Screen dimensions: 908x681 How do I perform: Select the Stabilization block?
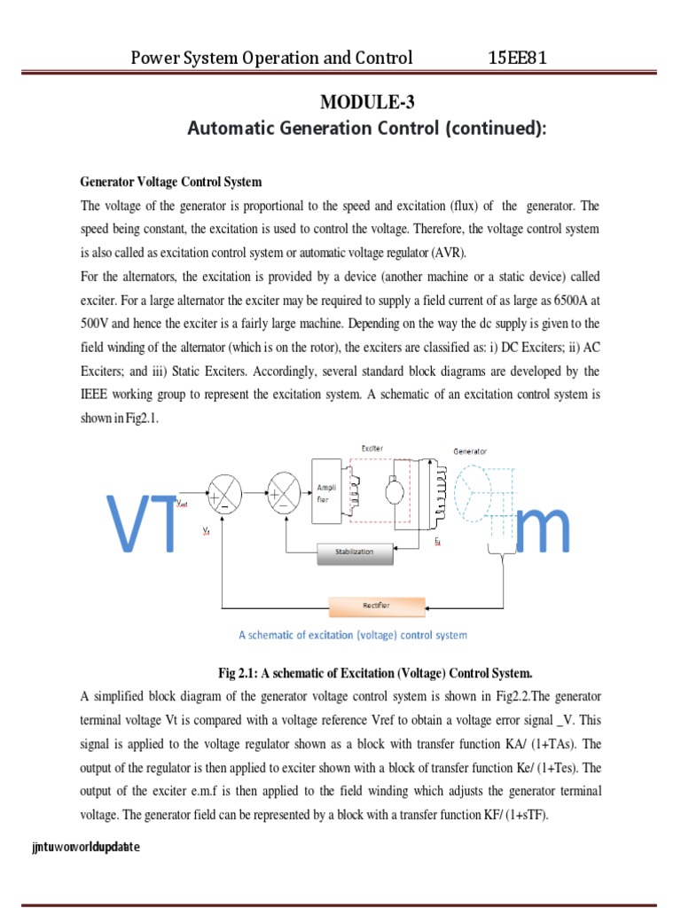[x=354, y=552]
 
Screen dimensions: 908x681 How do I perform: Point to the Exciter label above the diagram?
[x=372, y=449]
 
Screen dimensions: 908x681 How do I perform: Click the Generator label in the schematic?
[x=470, y=451]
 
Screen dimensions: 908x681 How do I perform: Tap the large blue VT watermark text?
[x=142, y=525]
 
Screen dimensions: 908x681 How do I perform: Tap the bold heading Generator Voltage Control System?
[x=171, y=182]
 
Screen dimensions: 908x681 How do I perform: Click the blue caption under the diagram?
[x=353, y=635]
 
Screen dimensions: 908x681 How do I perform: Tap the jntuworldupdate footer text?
[x=85, y=848]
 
